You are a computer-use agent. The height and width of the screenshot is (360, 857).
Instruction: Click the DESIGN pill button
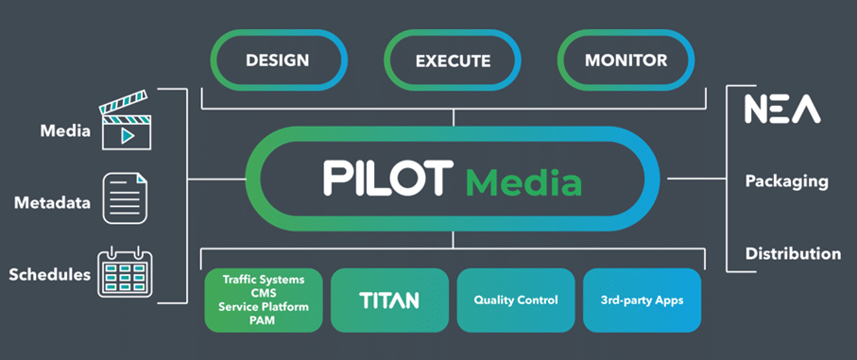pyautogui.click(x=277, y=60)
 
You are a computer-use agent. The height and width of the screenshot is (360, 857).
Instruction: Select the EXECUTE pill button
pyautogui.click(x=453, y=61)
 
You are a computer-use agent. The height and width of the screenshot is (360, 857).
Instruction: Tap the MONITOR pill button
pyautogui.click(x=626, y=60)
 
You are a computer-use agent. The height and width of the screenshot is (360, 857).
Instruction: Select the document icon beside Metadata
pyautogui.click(x=125, y=198)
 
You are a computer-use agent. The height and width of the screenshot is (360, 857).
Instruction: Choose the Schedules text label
pyautogui.click(x=49, y=275)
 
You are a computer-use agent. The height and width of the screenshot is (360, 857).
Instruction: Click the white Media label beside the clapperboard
pyautogui.click(x=65, y=130)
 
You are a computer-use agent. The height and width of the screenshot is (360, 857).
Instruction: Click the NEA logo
pyautogui.click(x=782, y=110)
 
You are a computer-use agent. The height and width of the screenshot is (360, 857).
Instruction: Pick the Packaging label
pyautogui.click(x=786, y=180)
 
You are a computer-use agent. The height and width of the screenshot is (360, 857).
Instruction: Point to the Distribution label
pyautogui.click(x=793, y=253)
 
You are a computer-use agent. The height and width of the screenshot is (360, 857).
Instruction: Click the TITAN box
pyautogui.click(x=389, y=300)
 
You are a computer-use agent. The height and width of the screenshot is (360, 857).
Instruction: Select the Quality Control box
pyautogui.click(x=516, y=300)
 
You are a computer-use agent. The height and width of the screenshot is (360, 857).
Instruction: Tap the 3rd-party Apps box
pyautogui.click(x=642, y=300)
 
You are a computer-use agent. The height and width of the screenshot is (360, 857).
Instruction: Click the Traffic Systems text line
pyautogui.click(x=264, y=280)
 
